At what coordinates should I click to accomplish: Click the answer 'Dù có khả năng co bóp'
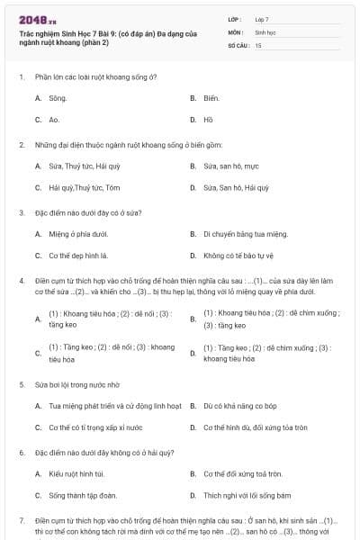point(238,405)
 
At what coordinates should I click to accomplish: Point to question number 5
point(21,383)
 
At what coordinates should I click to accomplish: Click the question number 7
point(21,520)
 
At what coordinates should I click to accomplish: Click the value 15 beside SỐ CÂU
point(259,44)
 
